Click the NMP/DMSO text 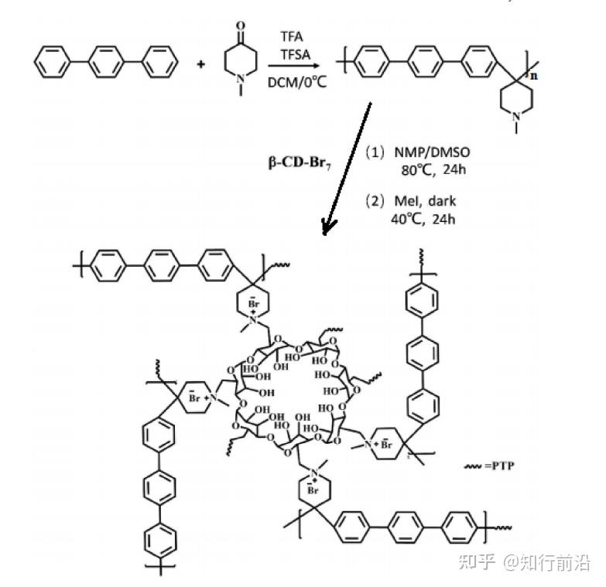click(x=424, y=152)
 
